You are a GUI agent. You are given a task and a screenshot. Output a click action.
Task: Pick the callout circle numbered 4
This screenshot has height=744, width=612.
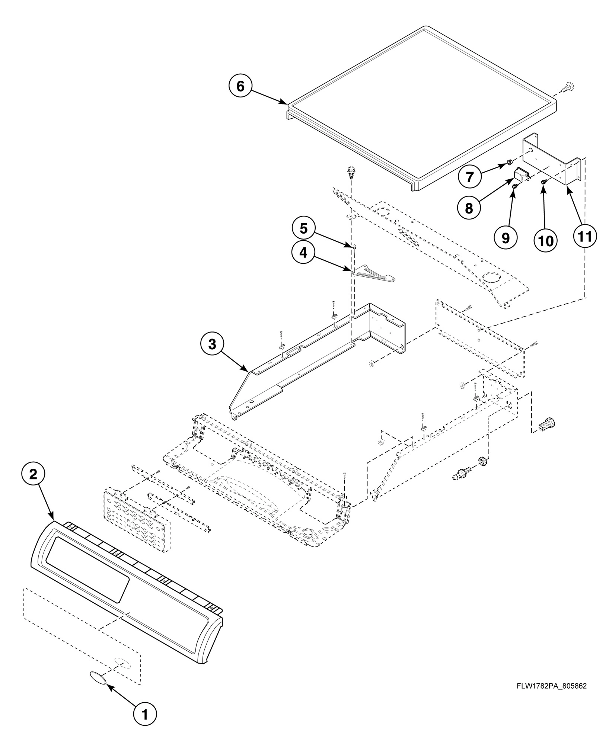303,253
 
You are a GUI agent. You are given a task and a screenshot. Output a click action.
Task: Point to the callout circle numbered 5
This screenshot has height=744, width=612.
303,228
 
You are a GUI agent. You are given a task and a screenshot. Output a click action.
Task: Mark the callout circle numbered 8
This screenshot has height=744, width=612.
469,208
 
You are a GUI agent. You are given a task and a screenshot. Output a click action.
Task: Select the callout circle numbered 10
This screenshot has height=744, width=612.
546,240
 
